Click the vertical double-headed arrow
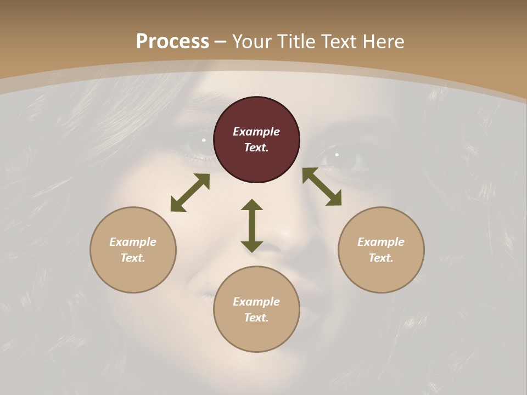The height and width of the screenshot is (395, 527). (252, 225)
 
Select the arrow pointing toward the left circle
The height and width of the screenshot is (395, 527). (190, 193)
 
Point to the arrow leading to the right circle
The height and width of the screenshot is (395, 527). (322, 187)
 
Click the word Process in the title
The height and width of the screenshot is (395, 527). (172, 42)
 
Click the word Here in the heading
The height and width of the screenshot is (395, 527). (383, 42)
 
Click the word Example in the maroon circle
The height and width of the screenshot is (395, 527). (256, 132)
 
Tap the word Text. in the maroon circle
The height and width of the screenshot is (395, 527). (256, 148)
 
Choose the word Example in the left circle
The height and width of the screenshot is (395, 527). (133, 242)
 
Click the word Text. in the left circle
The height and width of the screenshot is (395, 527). (133, 258)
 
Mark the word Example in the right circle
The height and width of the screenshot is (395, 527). (381, 242)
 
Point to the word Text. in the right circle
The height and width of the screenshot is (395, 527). (381, 258)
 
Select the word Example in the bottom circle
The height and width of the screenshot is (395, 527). (256, 302)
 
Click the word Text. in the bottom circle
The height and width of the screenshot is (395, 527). (256, 318)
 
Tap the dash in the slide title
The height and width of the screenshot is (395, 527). (221, 42)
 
